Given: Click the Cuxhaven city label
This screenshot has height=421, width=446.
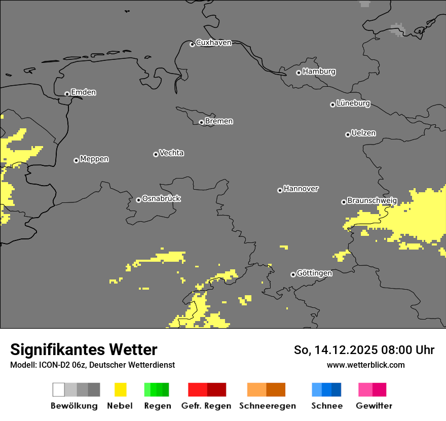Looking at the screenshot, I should coord(213,43).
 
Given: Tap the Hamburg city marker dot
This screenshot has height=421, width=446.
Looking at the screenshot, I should coord(299,73).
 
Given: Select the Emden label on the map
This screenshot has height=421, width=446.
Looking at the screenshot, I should coord(83,92).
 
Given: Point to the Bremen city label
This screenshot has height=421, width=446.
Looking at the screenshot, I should coord(219,121).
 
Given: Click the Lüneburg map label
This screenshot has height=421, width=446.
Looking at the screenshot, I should coord(353,103).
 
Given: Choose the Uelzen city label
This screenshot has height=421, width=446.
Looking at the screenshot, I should coord(363,133).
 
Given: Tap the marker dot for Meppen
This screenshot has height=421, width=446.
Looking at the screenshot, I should coord(76,160).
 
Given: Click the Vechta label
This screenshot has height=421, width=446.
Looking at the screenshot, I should coord(171,153).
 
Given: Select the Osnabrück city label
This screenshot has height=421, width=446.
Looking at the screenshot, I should coord(161,198).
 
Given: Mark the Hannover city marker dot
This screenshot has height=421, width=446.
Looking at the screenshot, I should coord(280,190).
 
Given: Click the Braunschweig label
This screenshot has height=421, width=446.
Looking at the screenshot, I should coord(372,201).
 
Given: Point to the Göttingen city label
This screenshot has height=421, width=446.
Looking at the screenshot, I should coord(314,273).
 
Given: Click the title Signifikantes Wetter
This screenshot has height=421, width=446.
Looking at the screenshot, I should coord(84,349).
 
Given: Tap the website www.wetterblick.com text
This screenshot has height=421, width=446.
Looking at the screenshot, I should coord(365,365).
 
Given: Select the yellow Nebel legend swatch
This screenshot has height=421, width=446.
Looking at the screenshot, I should coord(120,390).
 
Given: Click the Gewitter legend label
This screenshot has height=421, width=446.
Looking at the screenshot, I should coord(374,406).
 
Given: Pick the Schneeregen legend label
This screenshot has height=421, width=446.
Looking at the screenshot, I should coord(268,406).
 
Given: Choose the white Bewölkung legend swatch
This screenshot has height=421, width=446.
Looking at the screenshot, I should coord(59,390).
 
